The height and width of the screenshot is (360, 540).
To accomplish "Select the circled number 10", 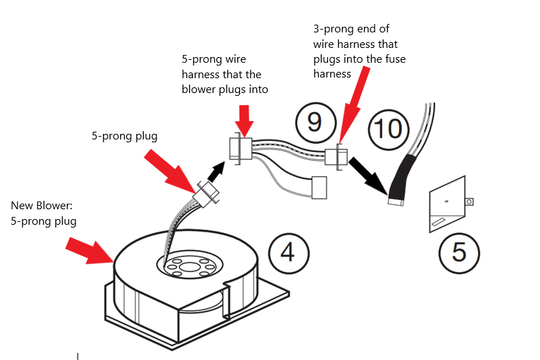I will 388,128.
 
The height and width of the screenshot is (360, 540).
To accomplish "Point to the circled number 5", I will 458,252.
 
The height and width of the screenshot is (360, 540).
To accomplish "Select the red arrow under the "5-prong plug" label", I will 172,169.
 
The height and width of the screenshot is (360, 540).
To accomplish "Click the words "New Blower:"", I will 41,206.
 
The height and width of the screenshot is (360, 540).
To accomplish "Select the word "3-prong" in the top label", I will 332,29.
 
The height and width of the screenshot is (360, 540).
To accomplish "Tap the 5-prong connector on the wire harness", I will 237,149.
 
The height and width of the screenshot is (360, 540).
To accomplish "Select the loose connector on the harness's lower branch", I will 320,187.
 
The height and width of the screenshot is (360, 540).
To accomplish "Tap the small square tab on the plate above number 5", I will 469,201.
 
